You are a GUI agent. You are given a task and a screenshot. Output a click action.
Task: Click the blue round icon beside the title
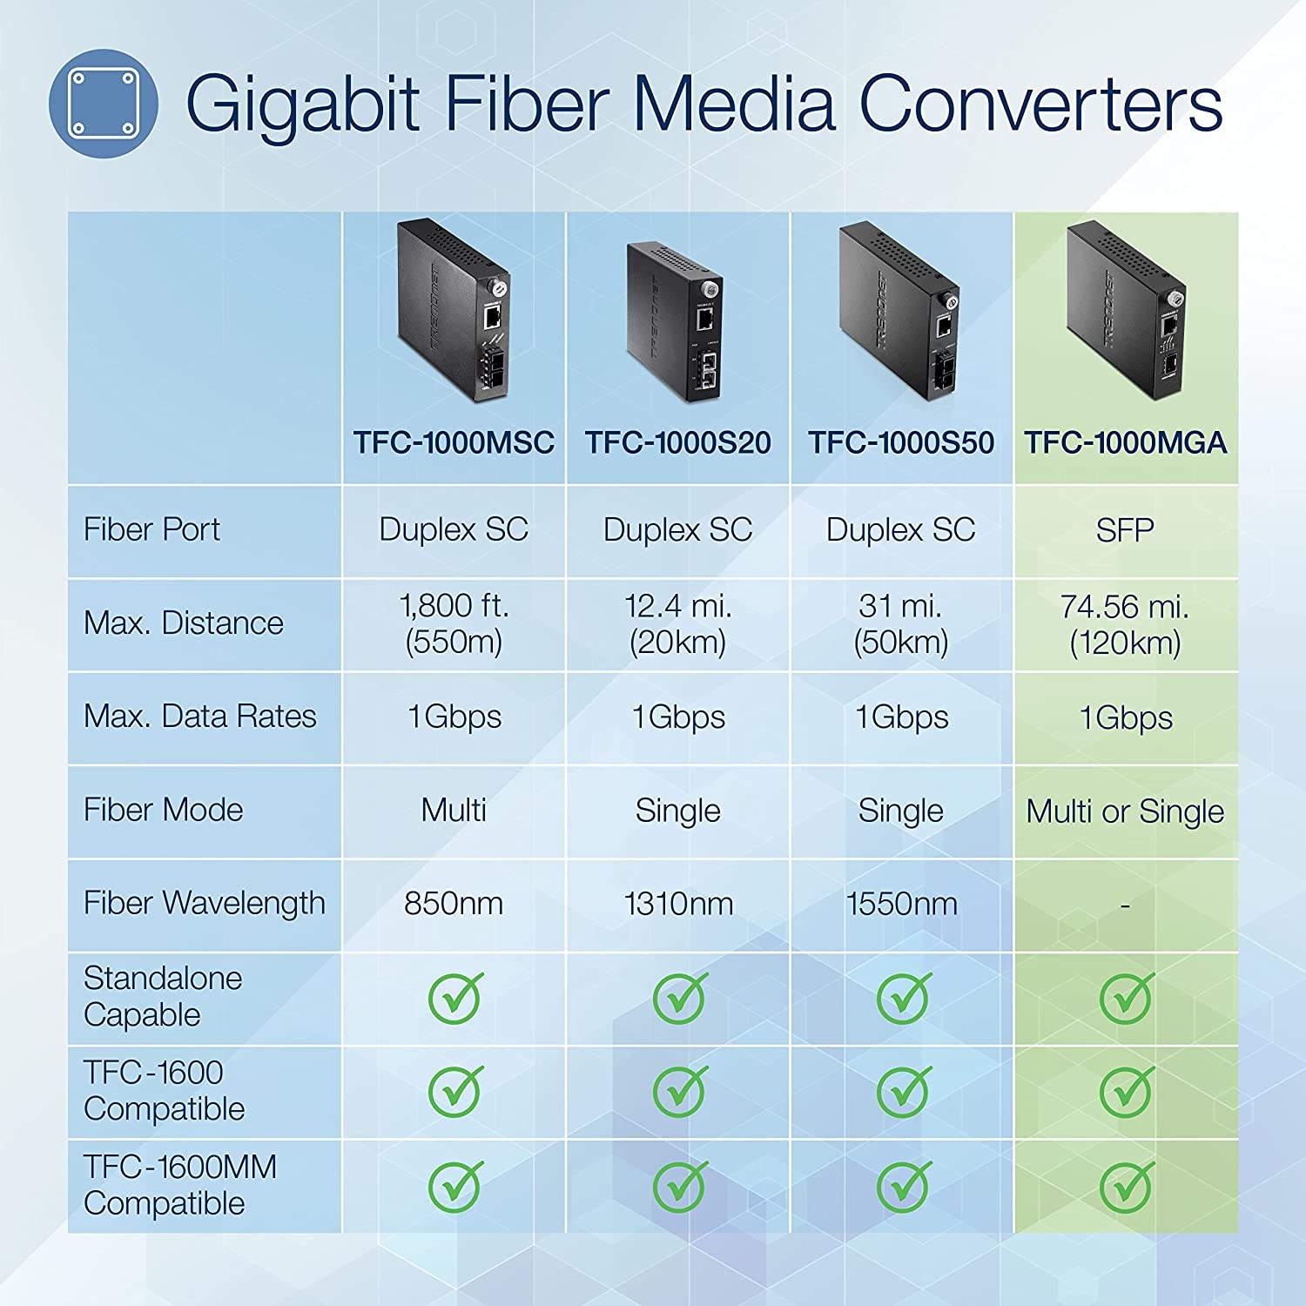tap(103, 103)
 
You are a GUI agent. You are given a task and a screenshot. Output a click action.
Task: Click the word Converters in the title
tap(1041, 104)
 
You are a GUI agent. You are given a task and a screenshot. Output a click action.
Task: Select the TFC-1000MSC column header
tap(454, 443)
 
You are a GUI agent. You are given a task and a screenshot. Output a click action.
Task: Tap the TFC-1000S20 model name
tap(677, 443)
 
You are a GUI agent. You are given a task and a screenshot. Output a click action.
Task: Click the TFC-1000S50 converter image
tap(900, 312)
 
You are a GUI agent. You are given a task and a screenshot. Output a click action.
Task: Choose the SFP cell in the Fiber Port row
tap(1125, 530)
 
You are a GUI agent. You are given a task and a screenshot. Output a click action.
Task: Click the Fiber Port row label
tap(151, 529)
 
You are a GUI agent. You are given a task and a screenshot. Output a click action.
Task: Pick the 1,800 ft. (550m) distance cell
tap(454, 623)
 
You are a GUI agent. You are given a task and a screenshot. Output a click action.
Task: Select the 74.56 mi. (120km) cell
tap(1125, 624)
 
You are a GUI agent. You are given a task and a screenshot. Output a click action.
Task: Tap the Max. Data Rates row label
tap(199, 717)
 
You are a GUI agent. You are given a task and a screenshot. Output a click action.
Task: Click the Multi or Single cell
tap(1125, 811)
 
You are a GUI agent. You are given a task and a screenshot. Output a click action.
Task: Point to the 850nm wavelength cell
tap(454, 904)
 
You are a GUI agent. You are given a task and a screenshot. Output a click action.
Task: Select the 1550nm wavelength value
tap(901, 904)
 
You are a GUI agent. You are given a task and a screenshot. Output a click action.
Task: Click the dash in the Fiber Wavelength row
tap(1125, 906)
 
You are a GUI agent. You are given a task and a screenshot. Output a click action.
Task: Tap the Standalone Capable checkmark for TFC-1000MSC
tap(454, 998)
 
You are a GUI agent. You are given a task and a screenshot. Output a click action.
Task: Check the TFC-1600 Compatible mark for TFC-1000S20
tap(679, 1091)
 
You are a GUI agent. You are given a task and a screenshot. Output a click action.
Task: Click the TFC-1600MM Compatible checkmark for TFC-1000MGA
tap(1127, 1185)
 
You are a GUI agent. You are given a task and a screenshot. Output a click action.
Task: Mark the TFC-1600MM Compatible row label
tap(179, 1185)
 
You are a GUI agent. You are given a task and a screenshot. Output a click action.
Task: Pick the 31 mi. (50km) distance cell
tap(901, 623)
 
